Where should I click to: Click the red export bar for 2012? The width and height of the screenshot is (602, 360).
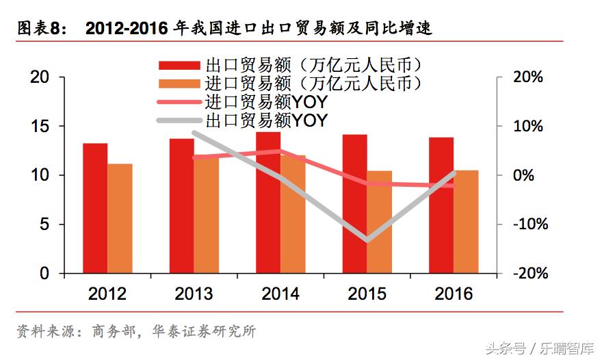click(x=95, y=208)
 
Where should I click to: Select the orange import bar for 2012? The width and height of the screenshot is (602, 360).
click(x=120, y=218)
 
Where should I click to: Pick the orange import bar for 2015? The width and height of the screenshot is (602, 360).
click(x=379, y=222)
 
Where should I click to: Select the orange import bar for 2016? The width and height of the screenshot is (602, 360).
click(x=466, y=222)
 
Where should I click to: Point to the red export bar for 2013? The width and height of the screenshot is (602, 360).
click(x=181, y=206)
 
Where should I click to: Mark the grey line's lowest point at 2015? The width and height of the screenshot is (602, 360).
click(x=367, y=240)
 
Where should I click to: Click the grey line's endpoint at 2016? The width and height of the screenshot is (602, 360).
click(x=454, y=173)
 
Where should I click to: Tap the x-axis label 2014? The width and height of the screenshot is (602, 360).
click(x=280, y=294)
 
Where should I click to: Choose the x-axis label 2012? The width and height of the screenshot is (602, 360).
click(x=107, y=294)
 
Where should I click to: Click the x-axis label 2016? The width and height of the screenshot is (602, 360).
click(x=454, y=294)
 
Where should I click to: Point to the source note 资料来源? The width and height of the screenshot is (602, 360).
click(x=44, y=332)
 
